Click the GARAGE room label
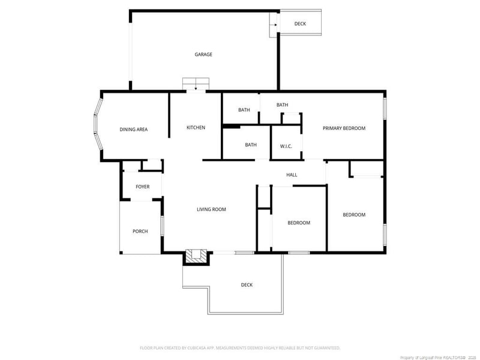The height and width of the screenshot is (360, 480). [x=203, y=55]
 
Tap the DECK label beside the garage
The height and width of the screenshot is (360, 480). [x=301, y=24]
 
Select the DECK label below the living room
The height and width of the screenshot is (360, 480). [x=247, y=285]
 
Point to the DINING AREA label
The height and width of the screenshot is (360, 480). [x=133, y=130]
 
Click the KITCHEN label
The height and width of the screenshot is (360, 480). [x=196, y=128]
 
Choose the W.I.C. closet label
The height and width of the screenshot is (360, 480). [x=286, y=146]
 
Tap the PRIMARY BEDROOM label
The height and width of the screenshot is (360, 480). [x=344, y=128]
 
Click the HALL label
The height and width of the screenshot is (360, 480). [x=292, y=175]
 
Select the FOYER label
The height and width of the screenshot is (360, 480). [x=142, y=187]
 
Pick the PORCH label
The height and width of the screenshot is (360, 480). [x=140, y=231]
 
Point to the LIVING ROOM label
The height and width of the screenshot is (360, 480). [x=211, y=209]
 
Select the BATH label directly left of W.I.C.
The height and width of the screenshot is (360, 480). [x=251, y=145]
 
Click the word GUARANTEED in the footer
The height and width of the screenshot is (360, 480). [x=325, y=348]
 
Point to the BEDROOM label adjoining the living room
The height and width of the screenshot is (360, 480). [x=299, y=223]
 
